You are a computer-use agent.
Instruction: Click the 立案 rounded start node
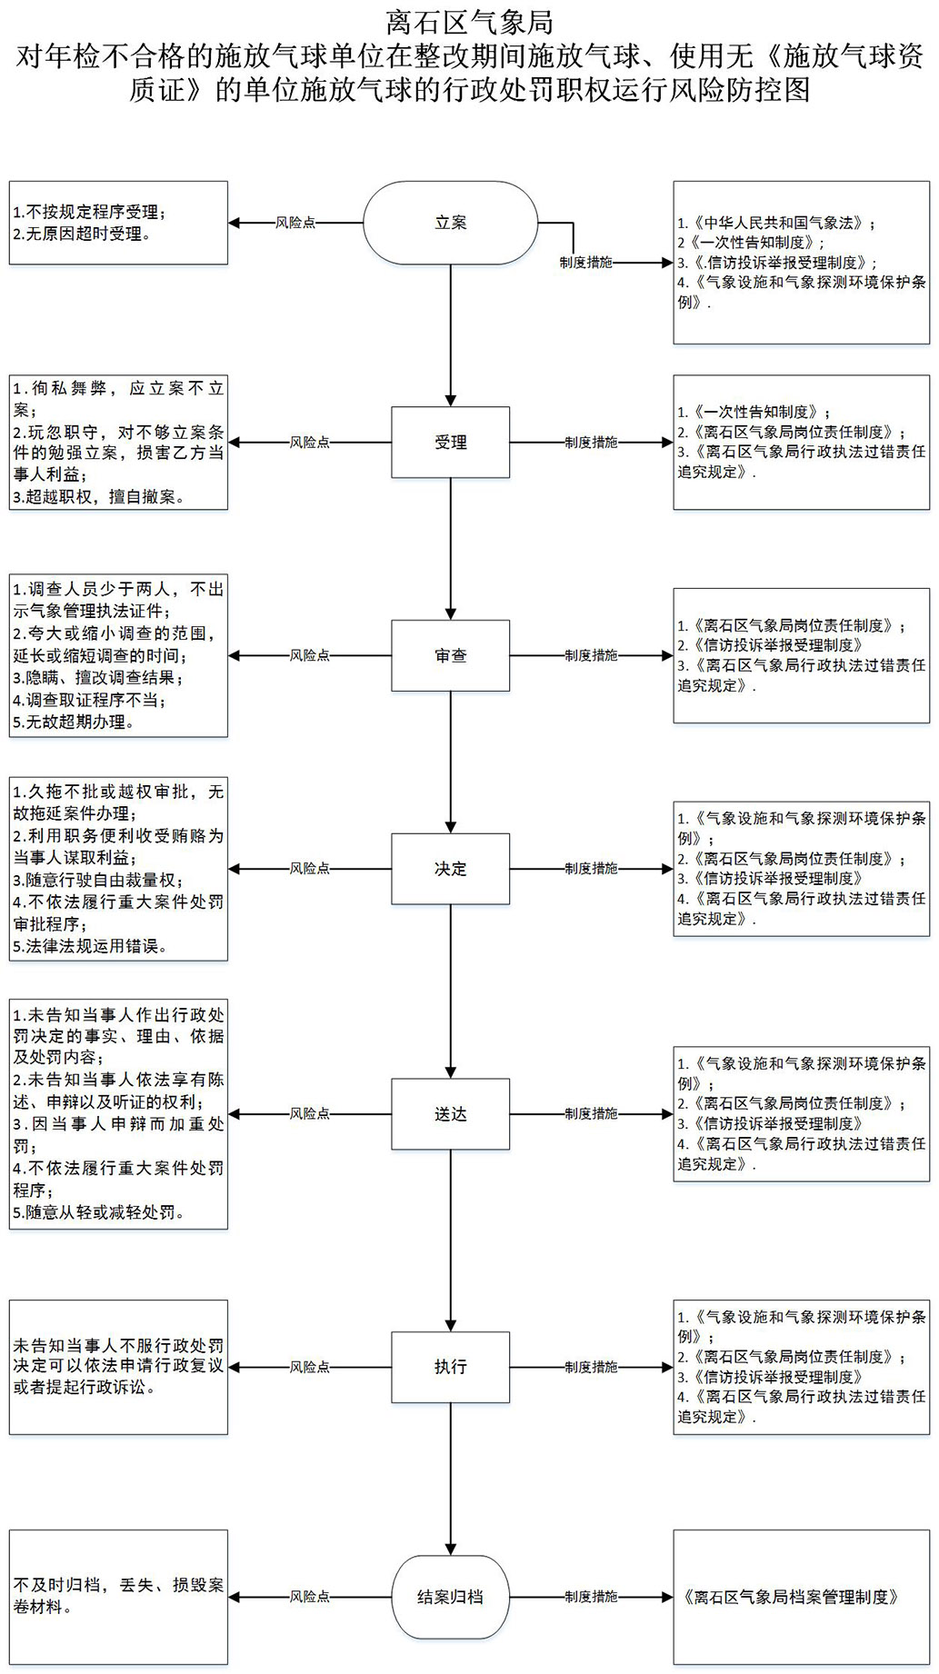450,223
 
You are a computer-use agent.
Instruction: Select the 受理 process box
450,443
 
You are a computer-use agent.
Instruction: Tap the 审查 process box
450,655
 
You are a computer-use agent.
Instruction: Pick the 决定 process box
450,869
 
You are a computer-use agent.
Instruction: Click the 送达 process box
450,1114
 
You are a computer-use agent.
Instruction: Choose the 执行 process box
450,1367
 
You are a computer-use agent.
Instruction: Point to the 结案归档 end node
450,1597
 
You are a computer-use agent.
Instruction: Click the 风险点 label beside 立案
295,223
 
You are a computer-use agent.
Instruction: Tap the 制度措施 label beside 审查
591,655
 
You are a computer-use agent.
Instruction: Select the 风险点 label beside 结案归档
310,1597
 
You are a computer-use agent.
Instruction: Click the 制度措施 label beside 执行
591,1367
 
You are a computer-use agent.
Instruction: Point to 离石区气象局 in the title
469,22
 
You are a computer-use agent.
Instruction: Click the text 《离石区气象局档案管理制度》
791,1597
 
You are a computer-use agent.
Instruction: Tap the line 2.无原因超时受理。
82,234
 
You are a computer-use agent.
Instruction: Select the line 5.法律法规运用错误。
90,946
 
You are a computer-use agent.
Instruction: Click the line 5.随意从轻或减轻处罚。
99,1212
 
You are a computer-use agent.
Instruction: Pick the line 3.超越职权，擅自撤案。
98,497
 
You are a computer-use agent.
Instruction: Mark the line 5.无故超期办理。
74,722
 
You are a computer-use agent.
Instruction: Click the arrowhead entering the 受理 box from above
450,401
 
